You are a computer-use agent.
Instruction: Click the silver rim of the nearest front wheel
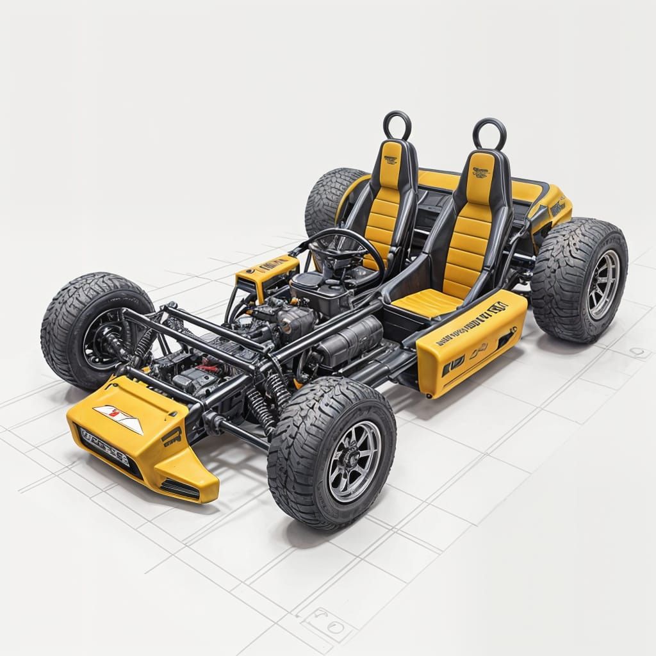pyautogui.click(x=354, y=460)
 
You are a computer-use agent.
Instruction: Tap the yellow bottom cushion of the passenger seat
pyautogui.click(x=426, y=302)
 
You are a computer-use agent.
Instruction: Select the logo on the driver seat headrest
pyautogui.click(x=390, y=159)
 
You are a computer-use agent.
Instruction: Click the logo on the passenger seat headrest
pyautogui.click(x=480, y=172)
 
